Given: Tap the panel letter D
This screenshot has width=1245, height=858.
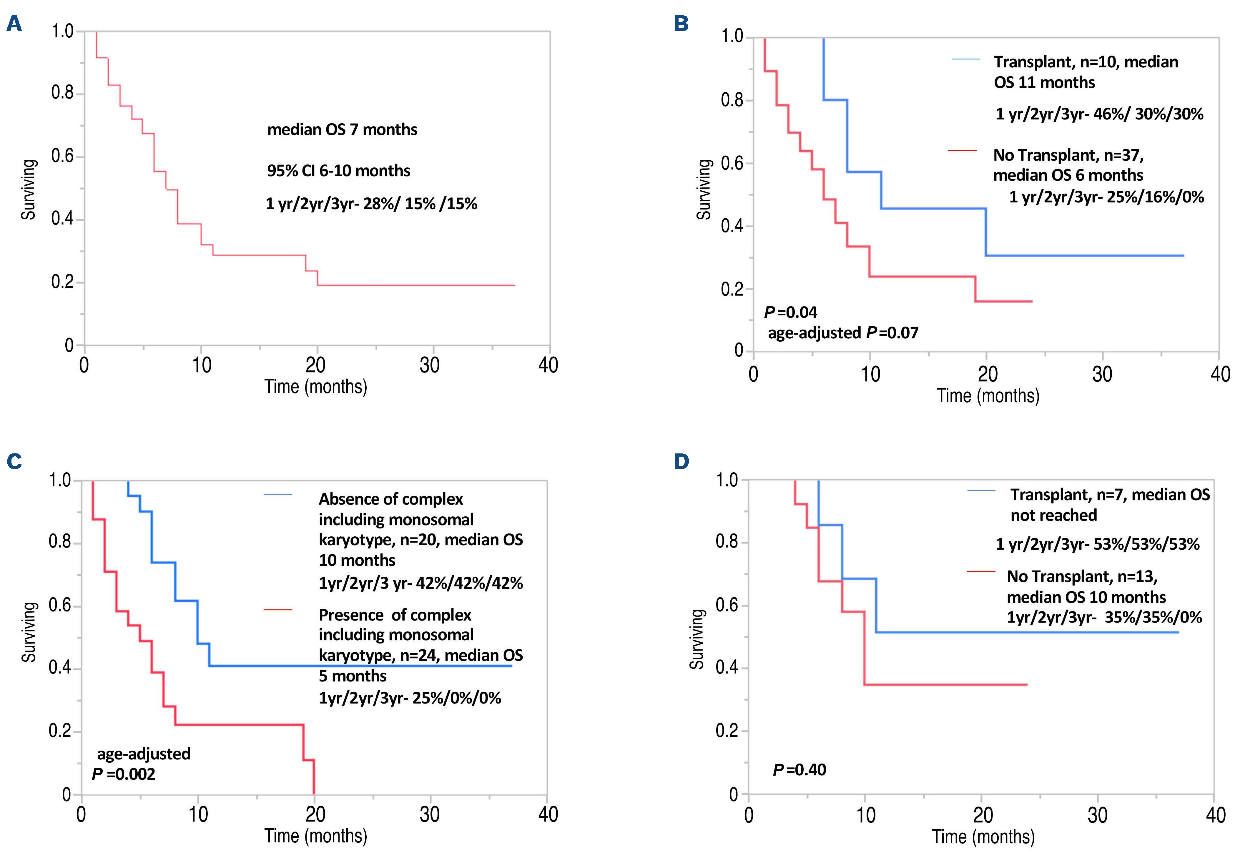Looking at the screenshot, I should pyautogui.click(x=681, y=461).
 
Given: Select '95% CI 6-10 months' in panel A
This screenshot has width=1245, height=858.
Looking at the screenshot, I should pyautogui.click(x=339, y=171).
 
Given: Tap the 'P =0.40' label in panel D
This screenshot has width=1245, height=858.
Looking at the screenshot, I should pyautogui.click(x=799, y=770).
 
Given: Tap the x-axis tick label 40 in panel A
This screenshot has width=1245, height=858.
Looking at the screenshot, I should pyautogui.click(x=548, y=365).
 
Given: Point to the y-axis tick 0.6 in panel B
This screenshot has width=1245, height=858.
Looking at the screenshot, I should pyautogui.click(x=732, y=163).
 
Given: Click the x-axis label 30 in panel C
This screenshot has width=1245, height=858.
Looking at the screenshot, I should pyautogui.click(x=430, y=814).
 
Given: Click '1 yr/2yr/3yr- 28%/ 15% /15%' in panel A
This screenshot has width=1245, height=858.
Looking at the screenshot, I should pyautogui.click(x=371, y=204).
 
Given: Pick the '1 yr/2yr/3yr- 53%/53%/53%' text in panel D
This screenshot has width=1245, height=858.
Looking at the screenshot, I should pyautogui.click(x=1098, y=544).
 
